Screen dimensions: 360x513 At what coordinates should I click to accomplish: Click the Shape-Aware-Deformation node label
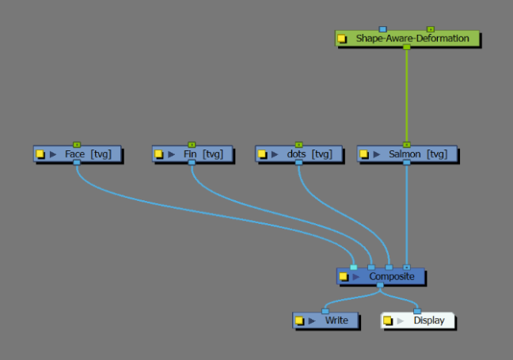pos(412,38)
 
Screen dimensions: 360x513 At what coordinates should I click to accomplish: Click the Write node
pos(336,320)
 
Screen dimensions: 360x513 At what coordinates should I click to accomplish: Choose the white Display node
pos(427,320)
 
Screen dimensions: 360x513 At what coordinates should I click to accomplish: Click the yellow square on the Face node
pos(40,154)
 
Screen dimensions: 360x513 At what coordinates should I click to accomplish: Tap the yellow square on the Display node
pos(388,320)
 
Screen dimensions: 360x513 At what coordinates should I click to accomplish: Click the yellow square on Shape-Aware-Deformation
pos(342,39)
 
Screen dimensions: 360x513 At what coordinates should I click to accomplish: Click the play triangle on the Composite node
pos(356,277)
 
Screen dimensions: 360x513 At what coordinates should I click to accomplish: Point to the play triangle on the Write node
pos(311,320)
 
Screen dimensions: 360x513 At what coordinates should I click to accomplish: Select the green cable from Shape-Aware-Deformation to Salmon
pos(407,95)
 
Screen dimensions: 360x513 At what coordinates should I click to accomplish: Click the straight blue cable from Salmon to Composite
pos(407,214)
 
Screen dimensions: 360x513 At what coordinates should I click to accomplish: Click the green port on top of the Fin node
pos(192,145)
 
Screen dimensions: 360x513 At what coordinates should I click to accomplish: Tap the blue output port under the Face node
pos(76,163)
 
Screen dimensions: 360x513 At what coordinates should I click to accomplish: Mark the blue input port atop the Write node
pos(325,312)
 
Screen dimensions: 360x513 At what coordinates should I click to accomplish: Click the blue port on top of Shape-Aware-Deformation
pos(382,29)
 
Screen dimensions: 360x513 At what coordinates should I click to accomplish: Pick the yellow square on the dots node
pos(262,154)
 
